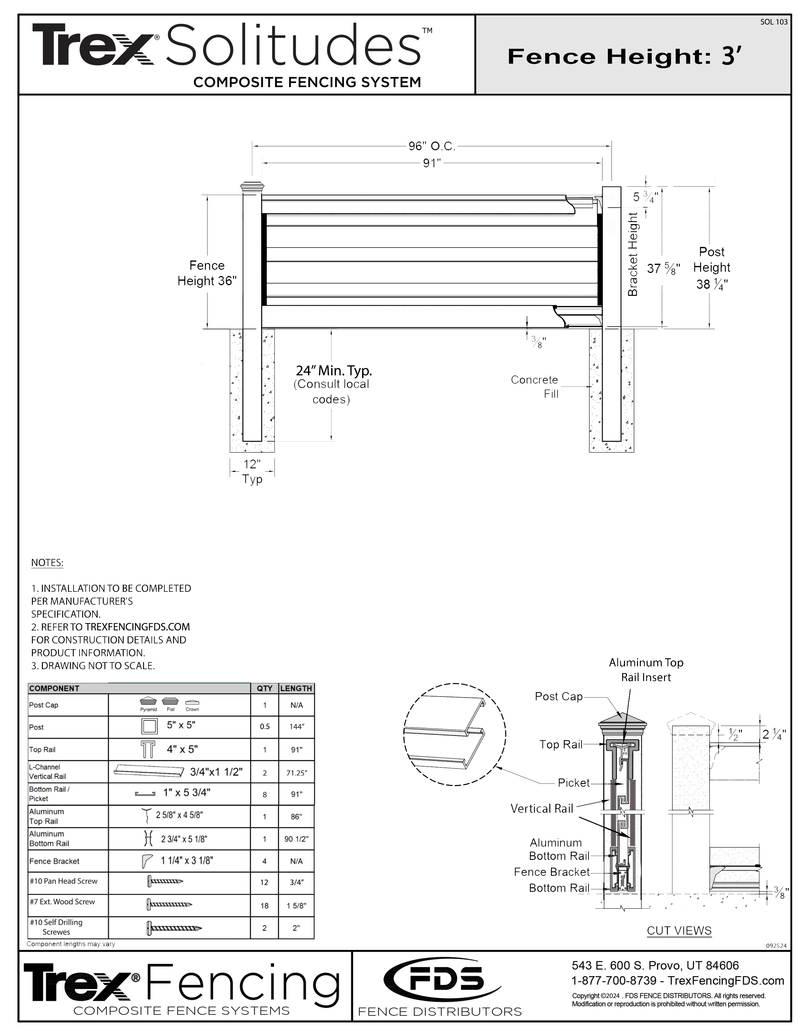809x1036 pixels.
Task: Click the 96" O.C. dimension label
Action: (431, 147)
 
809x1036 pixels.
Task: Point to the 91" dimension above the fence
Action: (431, 163)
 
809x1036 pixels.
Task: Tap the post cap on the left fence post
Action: (252, 186)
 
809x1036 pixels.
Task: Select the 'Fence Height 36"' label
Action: (207, 273)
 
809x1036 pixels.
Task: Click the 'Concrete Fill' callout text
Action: (535, 386)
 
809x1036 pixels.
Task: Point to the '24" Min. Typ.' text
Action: (334, 370)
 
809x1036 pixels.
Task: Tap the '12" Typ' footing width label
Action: (252, 472)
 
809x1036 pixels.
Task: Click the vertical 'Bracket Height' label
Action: (633, 254)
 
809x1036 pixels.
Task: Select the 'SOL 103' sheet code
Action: (774, 22)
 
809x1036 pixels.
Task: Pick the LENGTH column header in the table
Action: (296, 688)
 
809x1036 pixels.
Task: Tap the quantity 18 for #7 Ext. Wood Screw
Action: (265, 905)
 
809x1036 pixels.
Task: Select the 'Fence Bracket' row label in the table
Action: (54, 861)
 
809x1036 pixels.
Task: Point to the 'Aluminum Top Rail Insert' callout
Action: (646, 670)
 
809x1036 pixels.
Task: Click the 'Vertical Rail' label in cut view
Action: (542, 809)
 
